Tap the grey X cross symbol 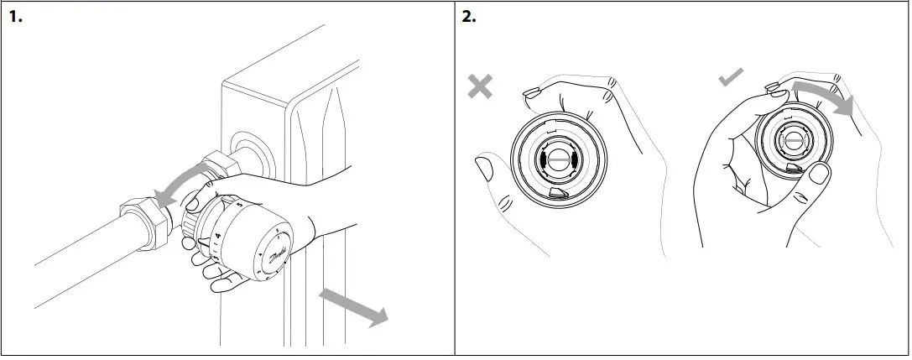pos(480,86)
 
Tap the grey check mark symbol pos(731,78)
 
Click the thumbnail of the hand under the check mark pos(817,174)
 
